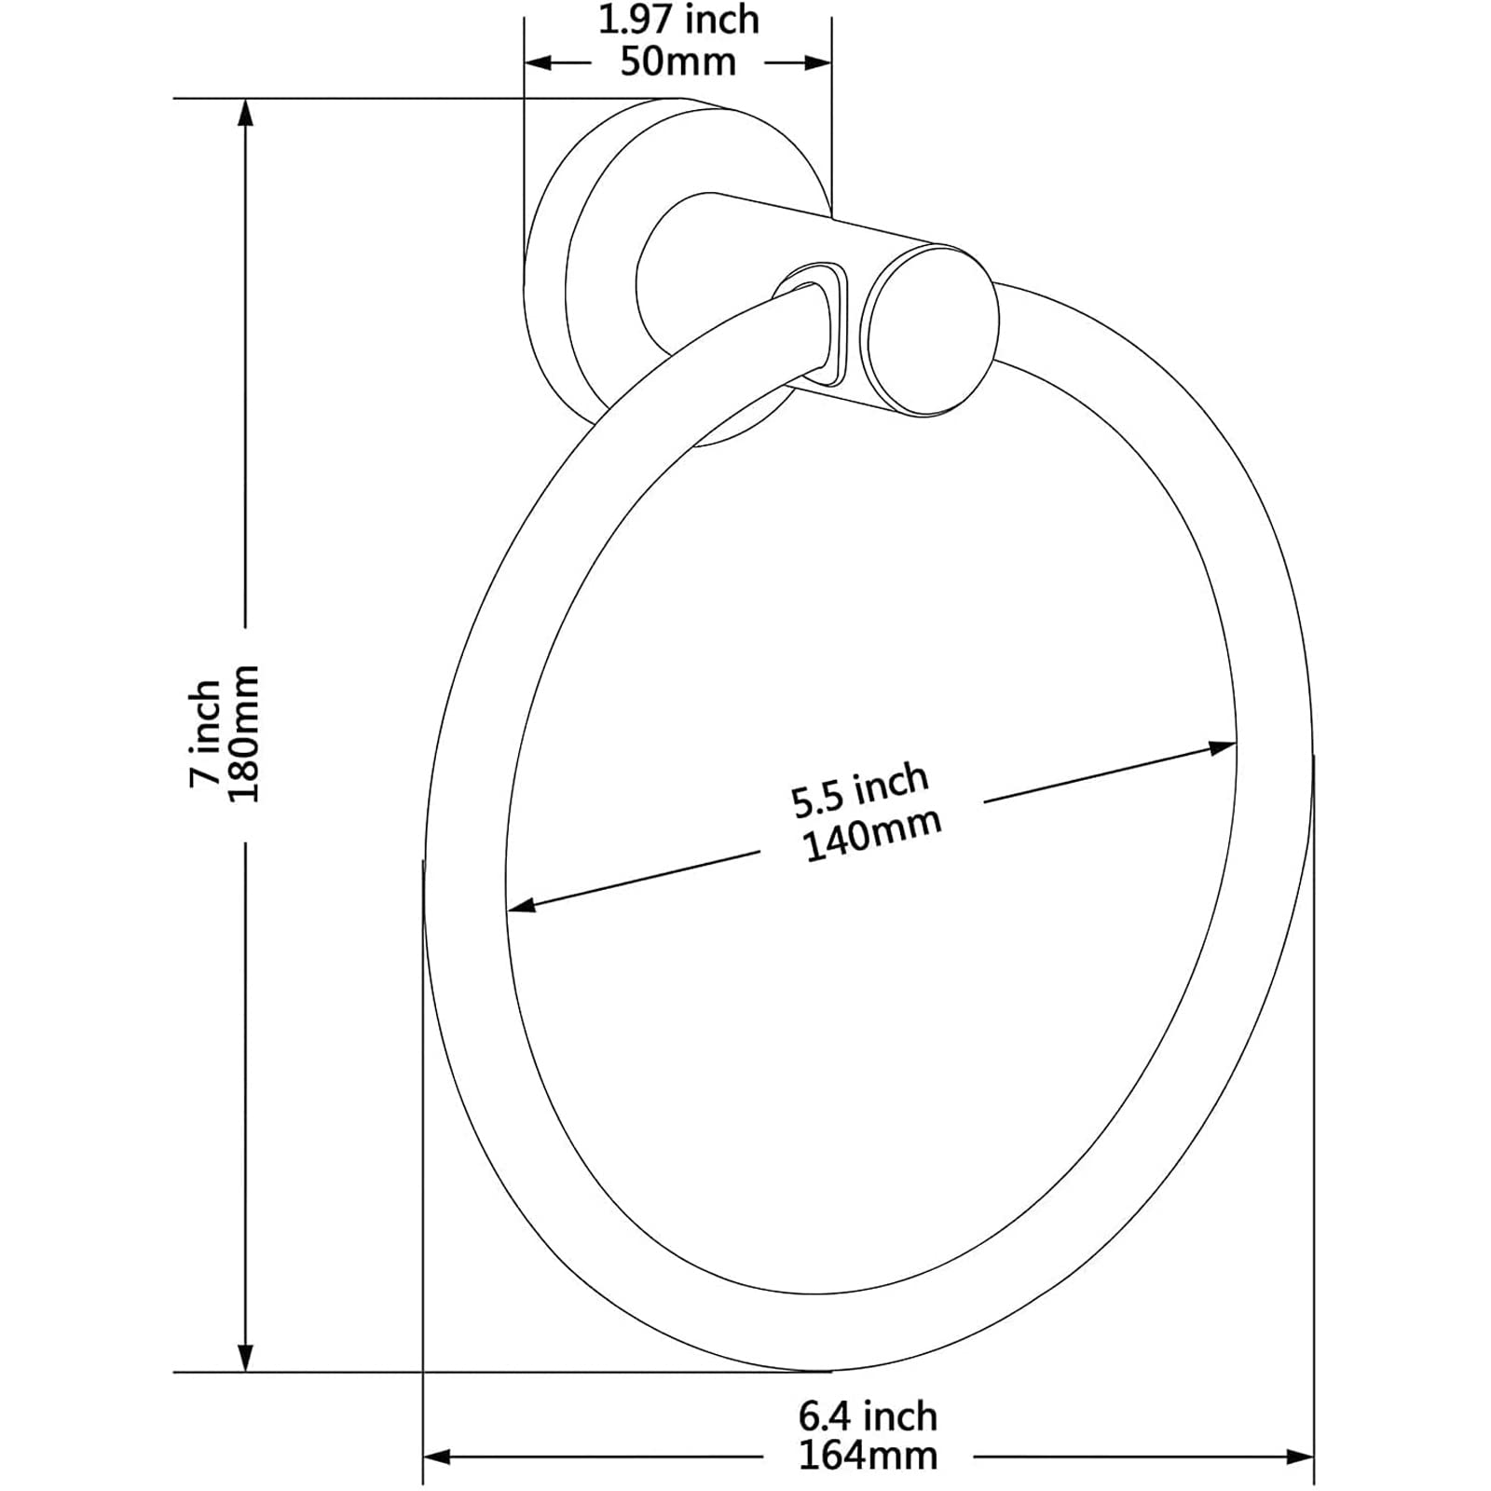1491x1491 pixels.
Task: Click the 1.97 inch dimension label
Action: click(678, 20)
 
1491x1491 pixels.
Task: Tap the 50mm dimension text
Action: click(678, 62)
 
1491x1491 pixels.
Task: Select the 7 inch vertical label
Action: click(205, 734)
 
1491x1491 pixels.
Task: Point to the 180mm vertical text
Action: click(244, 733)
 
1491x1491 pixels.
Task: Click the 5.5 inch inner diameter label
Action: click(859, 789)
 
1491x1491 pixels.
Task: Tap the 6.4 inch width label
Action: click(868, 1416)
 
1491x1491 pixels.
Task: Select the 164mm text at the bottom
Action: click(868, 1456)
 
